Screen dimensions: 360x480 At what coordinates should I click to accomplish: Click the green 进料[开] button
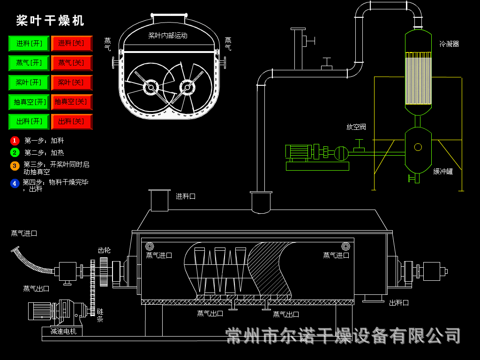(29, 44)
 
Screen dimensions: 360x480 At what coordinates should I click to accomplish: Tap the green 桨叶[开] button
(29, 82)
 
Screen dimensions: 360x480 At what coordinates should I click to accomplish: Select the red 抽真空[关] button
(71, 102)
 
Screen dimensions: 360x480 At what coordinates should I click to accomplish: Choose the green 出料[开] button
(29, 121)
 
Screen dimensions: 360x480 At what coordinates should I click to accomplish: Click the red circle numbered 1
(15, 140)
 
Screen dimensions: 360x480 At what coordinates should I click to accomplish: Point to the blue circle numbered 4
(15, 183)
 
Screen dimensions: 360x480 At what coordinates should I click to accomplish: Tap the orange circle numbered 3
(15, 165)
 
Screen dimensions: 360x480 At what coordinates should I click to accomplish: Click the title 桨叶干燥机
(50, 21)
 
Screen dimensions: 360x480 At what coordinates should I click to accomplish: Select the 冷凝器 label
(449, 44)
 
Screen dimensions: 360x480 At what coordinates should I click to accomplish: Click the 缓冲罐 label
(442, 172)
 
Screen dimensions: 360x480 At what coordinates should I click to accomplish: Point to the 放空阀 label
(356, 127)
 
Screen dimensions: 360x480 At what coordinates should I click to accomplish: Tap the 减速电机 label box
(63, 331)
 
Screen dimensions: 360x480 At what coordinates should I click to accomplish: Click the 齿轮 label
(104, 250)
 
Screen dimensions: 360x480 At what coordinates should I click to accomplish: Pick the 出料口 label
(399, 303)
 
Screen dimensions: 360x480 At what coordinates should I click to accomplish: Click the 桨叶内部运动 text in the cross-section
(168, 36)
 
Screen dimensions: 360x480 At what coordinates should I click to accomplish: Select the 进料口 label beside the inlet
(186, 196)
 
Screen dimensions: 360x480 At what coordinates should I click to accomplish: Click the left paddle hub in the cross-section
(150, 87)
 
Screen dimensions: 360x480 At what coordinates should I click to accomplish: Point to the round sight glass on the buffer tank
(418, 147)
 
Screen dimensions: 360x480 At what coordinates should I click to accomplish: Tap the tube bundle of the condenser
(418, 78)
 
